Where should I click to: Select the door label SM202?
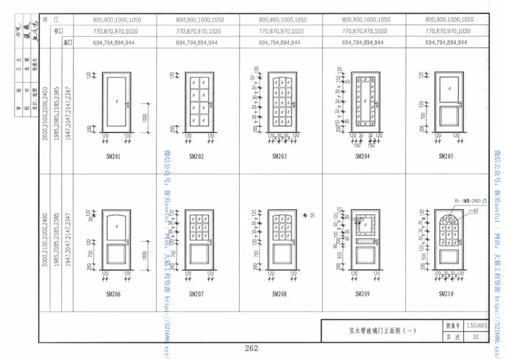coord(196,156)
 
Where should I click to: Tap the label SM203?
coord(279,156)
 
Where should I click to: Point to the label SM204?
coord(362,156)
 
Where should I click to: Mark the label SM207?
coord(196,294)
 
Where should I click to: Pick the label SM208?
coord(279,294)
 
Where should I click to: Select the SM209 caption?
coord(362,294)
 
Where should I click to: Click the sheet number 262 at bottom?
coord(251,348)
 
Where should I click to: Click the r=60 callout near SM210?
coord(474,210)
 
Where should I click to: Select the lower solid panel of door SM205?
coord(445,117)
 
